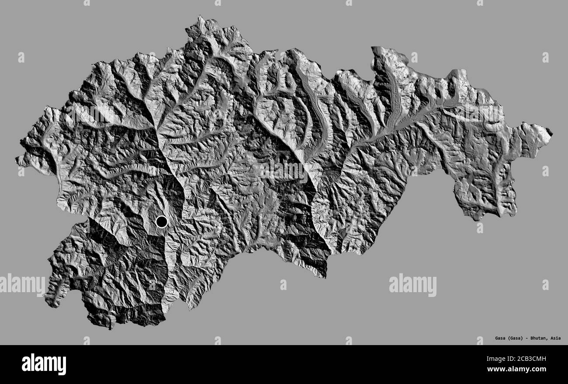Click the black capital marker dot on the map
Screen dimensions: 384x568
[162, 222]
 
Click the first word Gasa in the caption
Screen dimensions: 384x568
[501, 338]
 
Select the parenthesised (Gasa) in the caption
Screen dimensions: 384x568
[516, 338]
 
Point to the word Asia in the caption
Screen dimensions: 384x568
[556, 338]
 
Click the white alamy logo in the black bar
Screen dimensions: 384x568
[44, 364]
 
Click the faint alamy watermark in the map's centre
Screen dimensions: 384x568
[284, 171]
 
